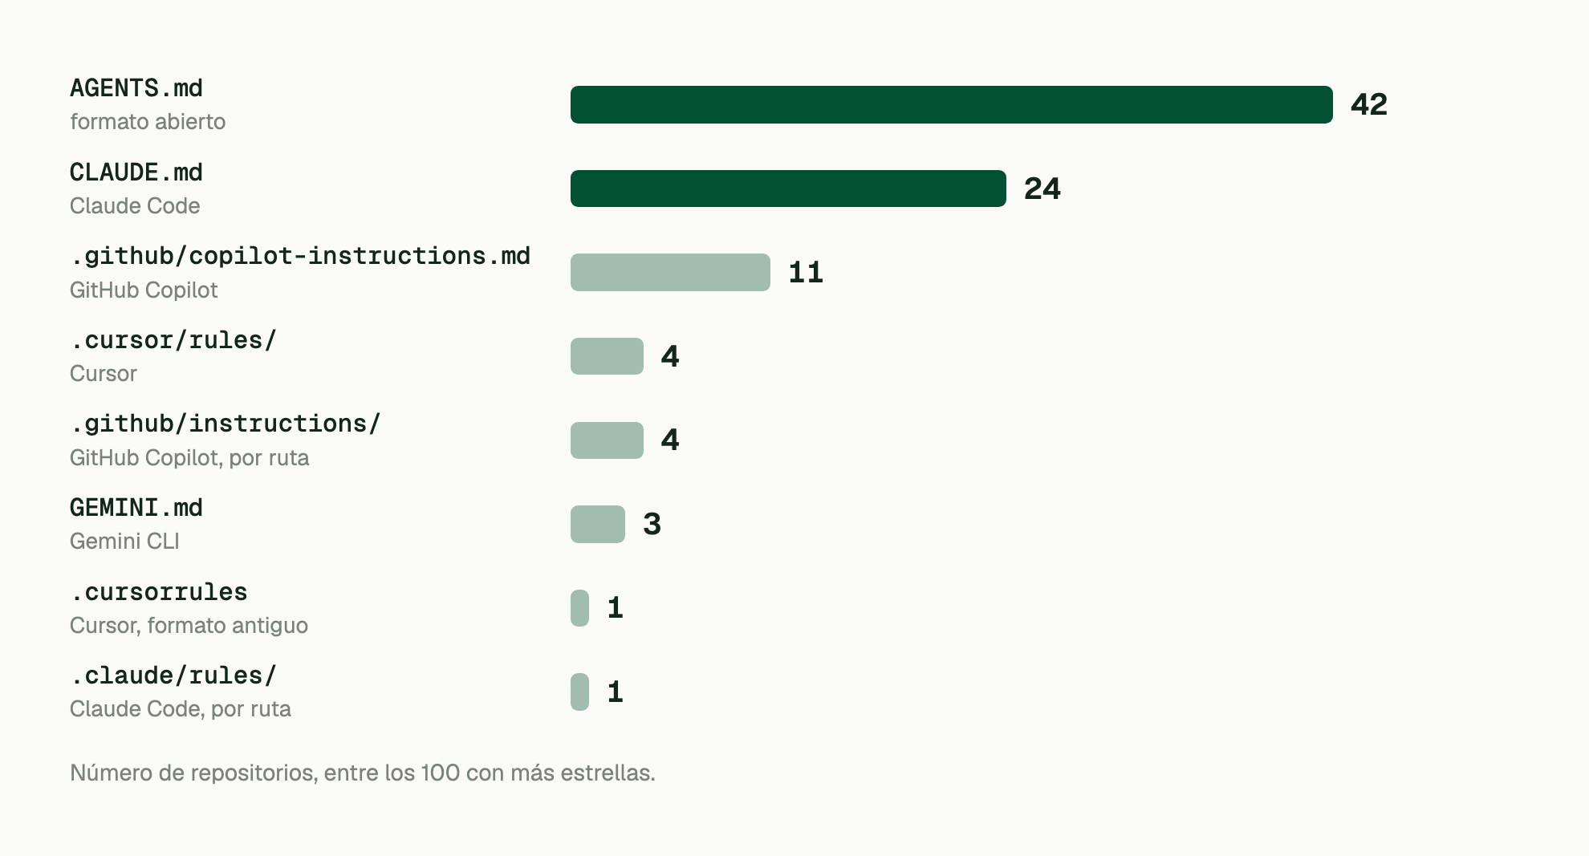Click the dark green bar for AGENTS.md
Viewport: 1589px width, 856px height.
[951, 104]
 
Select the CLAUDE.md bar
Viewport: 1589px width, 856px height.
[788, 189]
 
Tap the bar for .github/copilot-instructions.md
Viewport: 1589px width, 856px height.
[670, 272]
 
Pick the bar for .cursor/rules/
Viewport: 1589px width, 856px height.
[607, 356]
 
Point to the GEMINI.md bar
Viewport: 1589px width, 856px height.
[598, 524]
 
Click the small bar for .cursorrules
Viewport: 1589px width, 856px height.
[579, 608]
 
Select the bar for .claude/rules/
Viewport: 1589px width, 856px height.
[579, 692]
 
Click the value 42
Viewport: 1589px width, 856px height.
[1369, 104]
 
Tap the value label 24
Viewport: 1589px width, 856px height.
[1042, 189]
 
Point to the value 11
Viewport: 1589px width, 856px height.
[806, 272]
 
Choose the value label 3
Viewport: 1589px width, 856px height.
[652, 524]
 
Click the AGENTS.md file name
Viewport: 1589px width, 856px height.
[136, 87]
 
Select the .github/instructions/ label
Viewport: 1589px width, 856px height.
[226, 423]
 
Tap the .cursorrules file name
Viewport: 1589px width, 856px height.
[159, 591]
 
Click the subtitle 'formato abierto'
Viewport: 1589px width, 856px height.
[148, 121]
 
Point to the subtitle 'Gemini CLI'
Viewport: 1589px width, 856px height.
[124, 541]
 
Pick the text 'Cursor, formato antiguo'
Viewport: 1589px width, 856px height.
[189, 625]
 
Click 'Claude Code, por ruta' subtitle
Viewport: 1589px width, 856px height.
[181, 708]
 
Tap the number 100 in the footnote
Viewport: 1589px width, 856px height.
[441, 773]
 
